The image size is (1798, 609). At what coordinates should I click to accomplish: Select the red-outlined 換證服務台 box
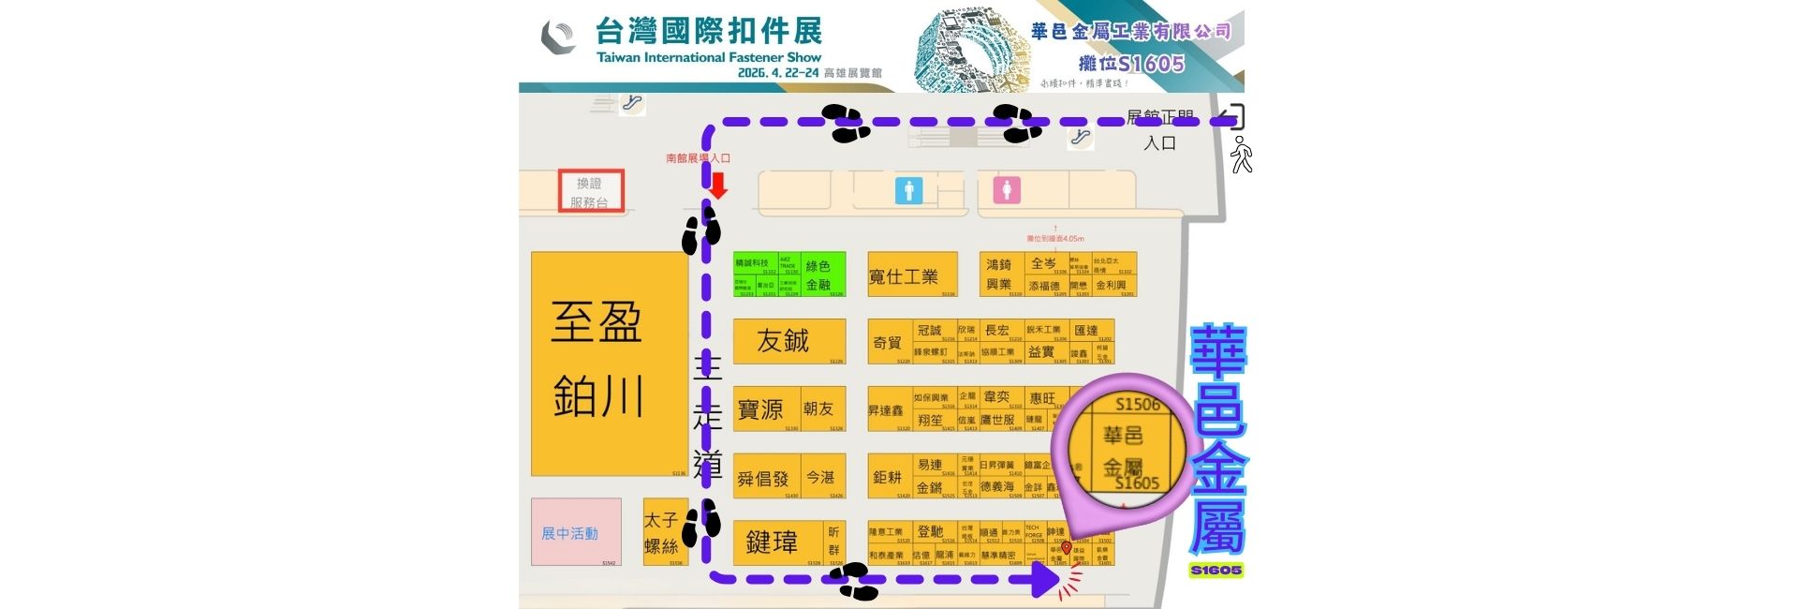point(591,191)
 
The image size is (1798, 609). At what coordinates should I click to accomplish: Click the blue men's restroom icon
point(908,190)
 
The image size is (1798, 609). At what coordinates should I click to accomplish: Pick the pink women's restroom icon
point(1007,190)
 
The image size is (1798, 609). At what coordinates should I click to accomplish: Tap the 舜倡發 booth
point(764,478)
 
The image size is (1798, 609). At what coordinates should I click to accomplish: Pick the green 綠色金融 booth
point(821,275)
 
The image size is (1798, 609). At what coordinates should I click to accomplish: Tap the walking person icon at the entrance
point(1242,155)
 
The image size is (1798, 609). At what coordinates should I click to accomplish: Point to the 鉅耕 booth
point(887,477)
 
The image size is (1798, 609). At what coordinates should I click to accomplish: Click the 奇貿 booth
point(888,343)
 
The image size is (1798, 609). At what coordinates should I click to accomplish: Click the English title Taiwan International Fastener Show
point(709,57)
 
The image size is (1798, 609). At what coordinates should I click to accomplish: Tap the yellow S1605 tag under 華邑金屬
point(1216,570)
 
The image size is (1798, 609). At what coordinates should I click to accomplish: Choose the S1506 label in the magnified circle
point(1137,405)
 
